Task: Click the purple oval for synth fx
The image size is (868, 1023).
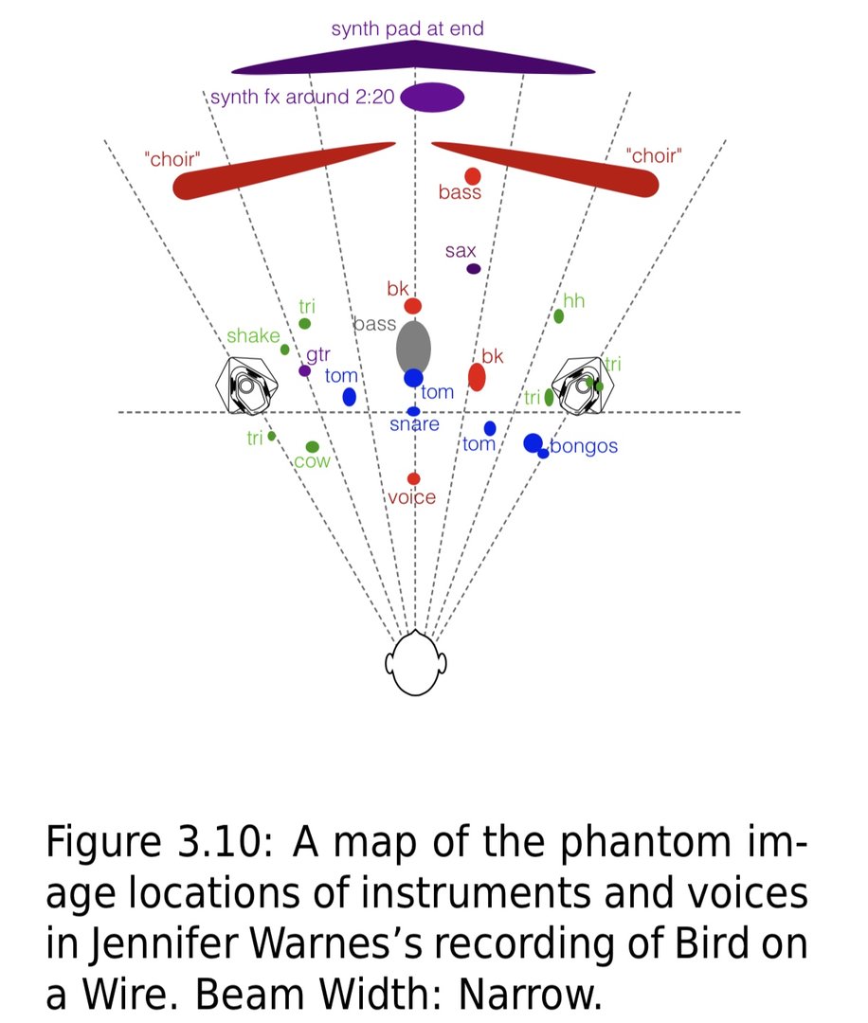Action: [433, 98]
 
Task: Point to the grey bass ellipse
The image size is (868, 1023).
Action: [413, 347]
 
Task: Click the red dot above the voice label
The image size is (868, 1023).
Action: [413, 478]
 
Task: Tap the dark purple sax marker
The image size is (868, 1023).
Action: [474, 269]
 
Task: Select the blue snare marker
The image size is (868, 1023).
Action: [413, 411]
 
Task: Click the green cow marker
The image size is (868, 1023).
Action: [312, 447]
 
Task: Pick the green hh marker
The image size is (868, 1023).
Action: [559, 316]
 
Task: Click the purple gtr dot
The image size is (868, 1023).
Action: [304, 370]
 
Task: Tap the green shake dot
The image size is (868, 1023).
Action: [284, 350]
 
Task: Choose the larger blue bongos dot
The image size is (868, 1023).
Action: [533, 441]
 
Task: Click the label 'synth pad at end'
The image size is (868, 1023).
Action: [407, 28]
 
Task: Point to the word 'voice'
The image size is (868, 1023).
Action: [413, 497]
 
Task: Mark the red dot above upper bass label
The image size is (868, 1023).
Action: [473, 176]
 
